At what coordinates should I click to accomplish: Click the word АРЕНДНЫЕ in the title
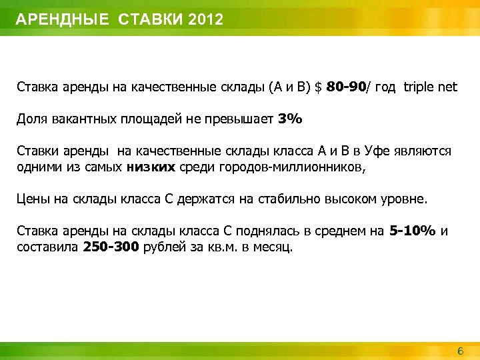[61, 19]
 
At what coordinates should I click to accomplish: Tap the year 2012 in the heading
[206, 19]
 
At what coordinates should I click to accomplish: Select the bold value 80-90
[347, 87]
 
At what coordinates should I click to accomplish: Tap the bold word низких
[150, 166]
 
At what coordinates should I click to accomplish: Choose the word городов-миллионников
[297, 166]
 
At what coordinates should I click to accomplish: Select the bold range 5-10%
[411, 231]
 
